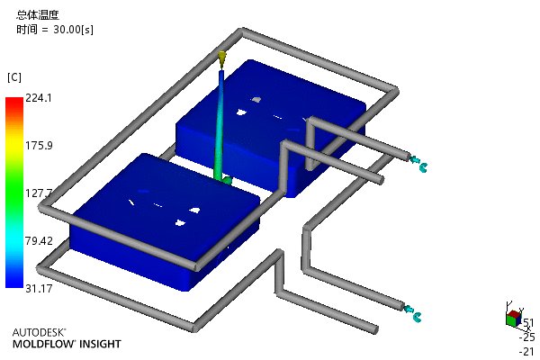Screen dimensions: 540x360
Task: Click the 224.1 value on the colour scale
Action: pos(39,98)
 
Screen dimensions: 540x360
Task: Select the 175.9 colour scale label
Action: pos(39,146)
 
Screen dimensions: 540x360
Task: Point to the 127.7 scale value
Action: pos(39,193)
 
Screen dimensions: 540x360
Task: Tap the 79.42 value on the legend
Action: pos(39,241)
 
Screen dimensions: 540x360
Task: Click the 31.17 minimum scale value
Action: pos(39,288)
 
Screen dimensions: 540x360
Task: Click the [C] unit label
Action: pos(14,77)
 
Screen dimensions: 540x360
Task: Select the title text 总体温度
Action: pos(38,14)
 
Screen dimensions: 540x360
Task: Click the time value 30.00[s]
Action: pos(73,30)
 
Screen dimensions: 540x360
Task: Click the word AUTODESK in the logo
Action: pos(39,332)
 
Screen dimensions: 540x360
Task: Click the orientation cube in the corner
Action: pos(514,319)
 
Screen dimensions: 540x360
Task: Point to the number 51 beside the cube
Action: pos(528,323)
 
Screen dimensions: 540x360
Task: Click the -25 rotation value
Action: pos(526,337)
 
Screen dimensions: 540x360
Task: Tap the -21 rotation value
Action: pos(526,351)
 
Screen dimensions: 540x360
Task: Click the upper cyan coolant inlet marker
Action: pos(418,164)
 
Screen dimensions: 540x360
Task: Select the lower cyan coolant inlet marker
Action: pos(412,313)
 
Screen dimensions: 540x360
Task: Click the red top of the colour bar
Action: pos(14,102)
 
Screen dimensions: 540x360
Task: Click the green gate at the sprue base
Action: pos(227,180)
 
